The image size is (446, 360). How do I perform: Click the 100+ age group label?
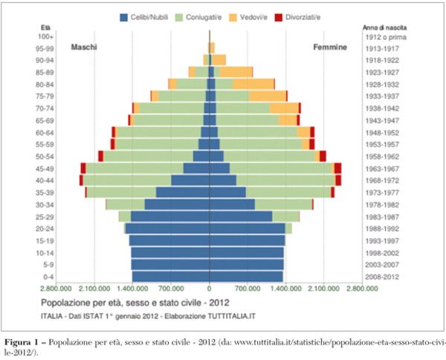pyautogui.click(x=46, y=36)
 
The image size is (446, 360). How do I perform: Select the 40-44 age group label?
pyautogui.click(x=45, y=181)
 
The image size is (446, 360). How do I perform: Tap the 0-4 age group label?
pyautogui.click(x=46, y=277)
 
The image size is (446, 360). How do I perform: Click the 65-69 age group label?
pyautogui.click(x=45, y=120)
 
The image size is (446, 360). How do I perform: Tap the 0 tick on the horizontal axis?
pyautogui.click(x=210, y=289)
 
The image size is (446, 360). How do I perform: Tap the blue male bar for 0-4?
pyautogui.click(x=171, y=277)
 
